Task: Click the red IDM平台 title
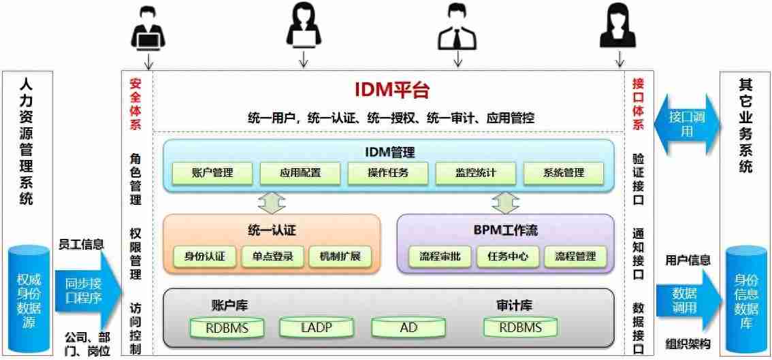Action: click(391, 90)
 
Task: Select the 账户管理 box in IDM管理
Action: click(212, 173)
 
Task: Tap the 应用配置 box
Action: click(300, 173)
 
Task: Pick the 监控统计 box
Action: click(476, 173)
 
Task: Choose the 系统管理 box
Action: click(564, 173)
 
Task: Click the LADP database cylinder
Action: click(316, 327)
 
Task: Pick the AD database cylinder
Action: click(408, 327)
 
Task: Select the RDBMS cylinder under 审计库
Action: click(521, 327)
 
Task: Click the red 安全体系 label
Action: click(135, 103)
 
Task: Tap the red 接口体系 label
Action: click(638, 103)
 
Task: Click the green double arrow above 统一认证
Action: click(272, 202)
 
